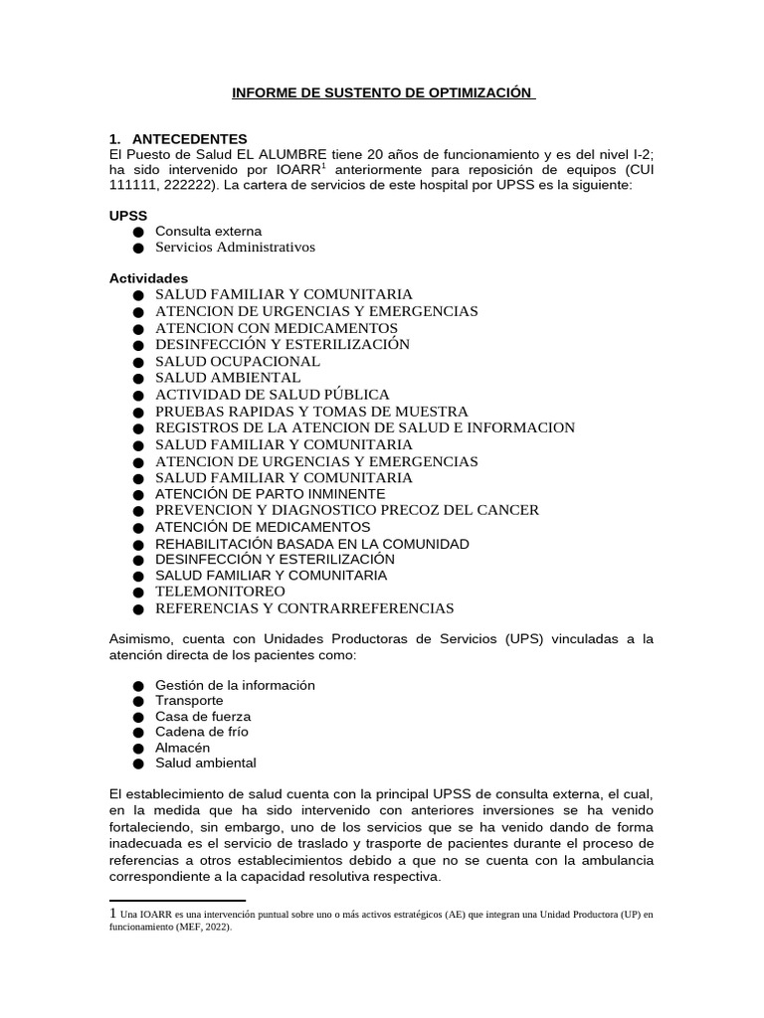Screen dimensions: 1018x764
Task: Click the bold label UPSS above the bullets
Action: click(128, 215)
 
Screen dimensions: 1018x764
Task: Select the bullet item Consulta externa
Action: click(208, 231)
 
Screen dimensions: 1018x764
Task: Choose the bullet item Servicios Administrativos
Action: click(235, 247)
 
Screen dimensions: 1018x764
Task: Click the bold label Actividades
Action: click(148, 277)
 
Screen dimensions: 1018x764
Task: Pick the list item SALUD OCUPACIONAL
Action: click(238, 361)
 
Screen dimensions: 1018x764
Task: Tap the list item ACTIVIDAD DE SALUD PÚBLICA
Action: click(273, 395)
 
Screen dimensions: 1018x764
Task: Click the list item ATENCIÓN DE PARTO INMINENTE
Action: click(270, 493)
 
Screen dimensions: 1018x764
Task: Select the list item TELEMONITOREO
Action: click(220, 592)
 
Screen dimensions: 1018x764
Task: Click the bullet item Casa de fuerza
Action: click(203, 716)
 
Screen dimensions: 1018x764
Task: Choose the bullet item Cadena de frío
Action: click(202, 732)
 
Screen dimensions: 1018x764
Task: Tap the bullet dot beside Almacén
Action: click(137, 748)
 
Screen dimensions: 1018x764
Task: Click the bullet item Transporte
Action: click(189, 701)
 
